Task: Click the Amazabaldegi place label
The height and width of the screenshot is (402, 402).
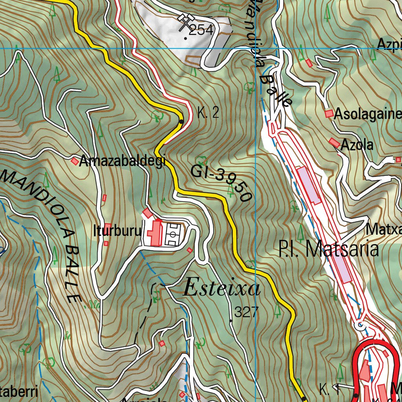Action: (x=122, y=161)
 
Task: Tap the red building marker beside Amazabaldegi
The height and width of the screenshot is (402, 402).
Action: (x=75, y=161)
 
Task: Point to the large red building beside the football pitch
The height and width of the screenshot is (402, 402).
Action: (x=155, y=233)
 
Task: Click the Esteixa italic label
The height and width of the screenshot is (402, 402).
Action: (x=222, y=289)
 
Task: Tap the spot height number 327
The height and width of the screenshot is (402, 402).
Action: (x=247, y=312)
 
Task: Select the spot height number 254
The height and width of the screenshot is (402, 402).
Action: (x=201, y=30)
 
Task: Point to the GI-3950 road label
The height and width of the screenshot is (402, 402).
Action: (x=222, y=183)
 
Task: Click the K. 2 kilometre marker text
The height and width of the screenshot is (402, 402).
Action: (x=208, y=113)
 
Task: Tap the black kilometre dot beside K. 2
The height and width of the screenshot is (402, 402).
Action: (x=181, y=121)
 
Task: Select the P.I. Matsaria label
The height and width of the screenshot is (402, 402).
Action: (x=329, y=249)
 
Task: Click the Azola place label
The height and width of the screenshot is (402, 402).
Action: (x=357, y=145)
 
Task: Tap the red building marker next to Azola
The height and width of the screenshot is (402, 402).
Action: (x=334, y=143)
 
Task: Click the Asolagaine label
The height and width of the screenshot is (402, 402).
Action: (x=367, y=114)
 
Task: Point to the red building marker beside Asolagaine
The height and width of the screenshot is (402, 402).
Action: (x=329, y=113)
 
